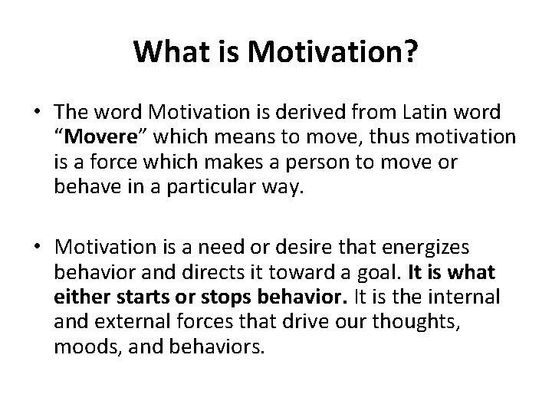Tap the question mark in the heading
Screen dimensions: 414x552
click(410, 53)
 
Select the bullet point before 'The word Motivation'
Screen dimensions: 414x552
click(38, 113)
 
